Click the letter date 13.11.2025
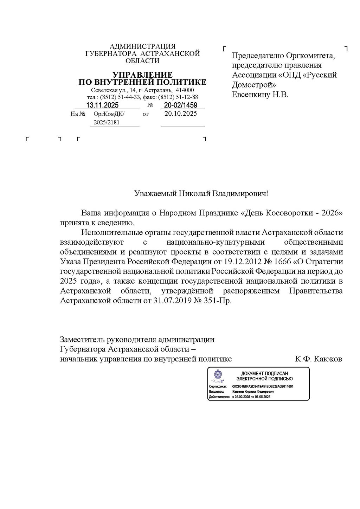coord(103,105)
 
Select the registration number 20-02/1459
coord(181,105)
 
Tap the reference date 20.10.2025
coord(181,114)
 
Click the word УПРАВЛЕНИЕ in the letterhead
coord(142,75)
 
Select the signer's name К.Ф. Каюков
coord(319,359)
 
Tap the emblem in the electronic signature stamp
coord(218,376)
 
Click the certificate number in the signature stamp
coord(263,386)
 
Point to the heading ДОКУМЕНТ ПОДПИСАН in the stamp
coord(264,373)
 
